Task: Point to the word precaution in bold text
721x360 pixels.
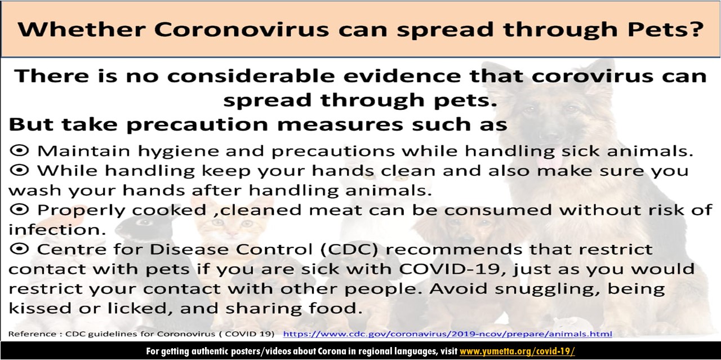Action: coord(197,125)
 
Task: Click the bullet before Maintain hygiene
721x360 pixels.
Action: coord(19,150)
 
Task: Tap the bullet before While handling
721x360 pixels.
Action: coord(19,170)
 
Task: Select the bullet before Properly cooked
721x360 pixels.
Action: coord(19,210)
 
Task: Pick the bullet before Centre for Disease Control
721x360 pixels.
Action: coord(19,249)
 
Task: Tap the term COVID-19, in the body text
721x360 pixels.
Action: coord(452,269)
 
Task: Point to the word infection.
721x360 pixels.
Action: coord(57,230)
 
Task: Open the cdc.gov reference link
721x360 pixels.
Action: coord(447,334)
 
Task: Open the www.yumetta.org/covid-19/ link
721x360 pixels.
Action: coord(517,350)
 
